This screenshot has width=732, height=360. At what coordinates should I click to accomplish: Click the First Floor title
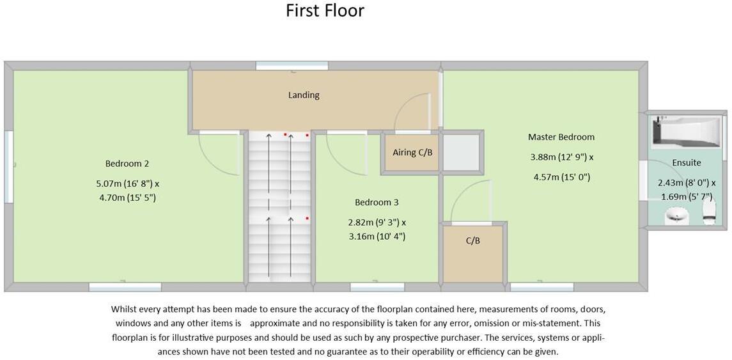pyautogui.click(x=325, y=11)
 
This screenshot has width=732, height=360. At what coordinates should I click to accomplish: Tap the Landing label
pyautogui.click(x=304, y=95)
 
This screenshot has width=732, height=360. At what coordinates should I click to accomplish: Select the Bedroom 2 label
pyautogui.click(x=127, y=164)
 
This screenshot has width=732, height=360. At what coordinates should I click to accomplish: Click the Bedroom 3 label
pyautogui.click(x=377, y=202)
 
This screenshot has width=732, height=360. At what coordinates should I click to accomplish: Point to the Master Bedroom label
pyautogui.click(x=561, y=137)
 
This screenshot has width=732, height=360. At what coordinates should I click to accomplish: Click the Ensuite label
pyautogui.click(x=686, y=163)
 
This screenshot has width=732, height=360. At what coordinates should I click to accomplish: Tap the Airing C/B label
pyautogui.click(x=412, y=152)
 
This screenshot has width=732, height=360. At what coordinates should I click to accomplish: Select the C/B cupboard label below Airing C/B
pyautogui.click(x=472, y=241)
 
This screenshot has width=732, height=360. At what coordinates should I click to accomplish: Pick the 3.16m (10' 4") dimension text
pyautogui.click(x=376, y=237)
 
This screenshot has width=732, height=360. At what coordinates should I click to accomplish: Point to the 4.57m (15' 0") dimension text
pyautogui.click(x=561, y=177)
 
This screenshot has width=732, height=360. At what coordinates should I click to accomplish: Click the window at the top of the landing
pyautogui.click(x=292, y=65)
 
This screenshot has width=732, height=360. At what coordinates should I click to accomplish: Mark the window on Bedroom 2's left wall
pyautogui.click(x=8, y=167)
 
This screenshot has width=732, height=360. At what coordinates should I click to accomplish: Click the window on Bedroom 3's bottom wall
pyautogui.click(x=377, y=287)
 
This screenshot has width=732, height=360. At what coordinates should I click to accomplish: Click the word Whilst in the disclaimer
pyautogui.click(x=125, y=309)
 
